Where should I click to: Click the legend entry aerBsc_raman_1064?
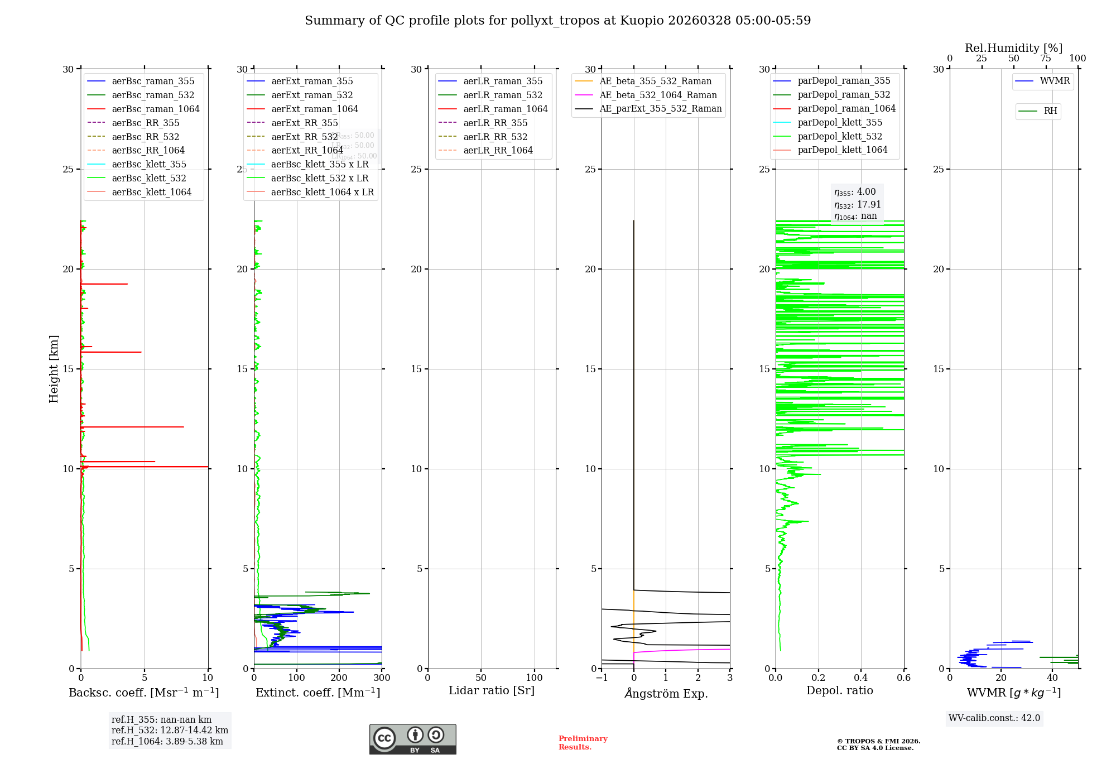point(155,109)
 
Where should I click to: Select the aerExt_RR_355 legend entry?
point(304,123)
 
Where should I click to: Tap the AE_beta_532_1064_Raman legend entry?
point(658,95)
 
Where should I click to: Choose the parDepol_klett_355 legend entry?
point(840,122)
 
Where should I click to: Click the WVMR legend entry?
point(1055,81)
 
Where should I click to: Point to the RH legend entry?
point(1050,111)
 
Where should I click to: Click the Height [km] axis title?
point(54,369)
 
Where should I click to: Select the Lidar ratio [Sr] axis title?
point(492,690)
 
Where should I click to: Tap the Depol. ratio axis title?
point(839,690)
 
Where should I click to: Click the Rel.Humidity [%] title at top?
point(1013,48)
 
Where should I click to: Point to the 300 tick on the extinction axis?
point(382,678)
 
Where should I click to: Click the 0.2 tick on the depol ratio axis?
point(818,678)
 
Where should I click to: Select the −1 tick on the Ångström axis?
point(602,678)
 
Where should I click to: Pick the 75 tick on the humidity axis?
point(1046,59)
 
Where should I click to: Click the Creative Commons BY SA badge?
point(412,739)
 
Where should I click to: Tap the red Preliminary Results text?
point(583,743)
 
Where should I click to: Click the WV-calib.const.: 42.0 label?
point(994,718)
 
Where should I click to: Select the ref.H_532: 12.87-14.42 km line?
point(170,730)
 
